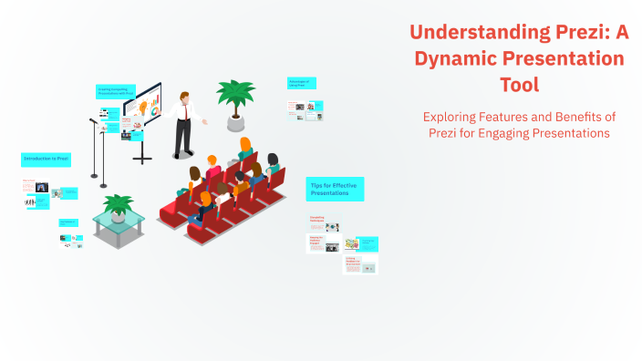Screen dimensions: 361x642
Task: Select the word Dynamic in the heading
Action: [459, 58]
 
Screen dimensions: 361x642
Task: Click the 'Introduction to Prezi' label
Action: [46, 159]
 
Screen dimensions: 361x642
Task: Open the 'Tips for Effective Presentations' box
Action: [334, 189]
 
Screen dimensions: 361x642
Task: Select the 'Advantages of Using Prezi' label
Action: [302, 83]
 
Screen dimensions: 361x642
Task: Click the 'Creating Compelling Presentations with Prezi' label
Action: [116, 92]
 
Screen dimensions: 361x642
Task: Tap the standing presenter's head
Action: [185, 96]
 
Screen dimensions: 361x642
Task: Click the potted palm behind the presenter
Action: [235, 94]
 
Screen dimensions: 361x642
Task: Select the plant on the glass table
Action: [118, 204]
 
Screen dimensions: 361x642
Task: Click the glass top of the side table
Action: [118, 218]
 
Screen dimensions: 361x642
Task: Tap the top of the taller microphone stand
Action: [94, 120]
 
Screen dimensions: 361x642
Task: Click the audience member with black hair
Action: [196, 174]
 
